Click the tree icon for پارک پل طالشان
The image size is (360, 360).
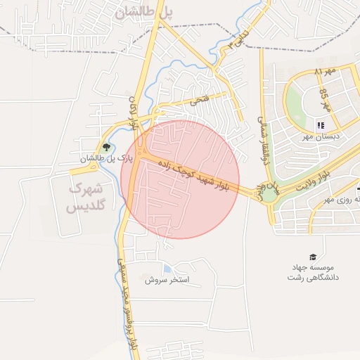tap(106, 147)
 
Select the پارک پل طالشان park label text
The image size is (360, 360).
tap(98, 159)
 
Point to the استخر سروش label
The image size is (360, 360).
tap(168, 280)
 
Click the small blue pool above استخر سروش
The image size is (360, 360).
tap(167, 268)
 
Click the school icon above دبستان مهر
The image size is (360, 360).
tap(321, 125)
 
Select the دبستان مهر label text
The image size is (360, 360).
tap(326, 136)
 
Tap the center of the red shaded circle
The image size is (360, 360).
tap(180, 179)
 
